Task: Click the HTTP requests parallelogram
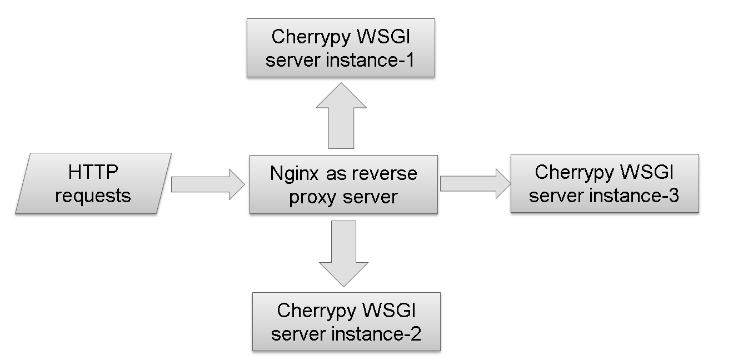coord(93,183)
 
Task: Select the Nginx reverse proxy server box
coord(343,184)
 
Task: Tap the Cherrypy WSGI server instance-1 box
coord(341,48)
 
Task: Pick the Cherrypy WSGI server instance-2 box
coord(346,322)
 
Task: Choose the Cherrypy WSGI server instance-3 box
coord(605,183)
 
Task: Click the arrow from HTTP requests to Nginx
coord(207,184)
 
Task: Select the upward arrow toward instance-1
coord(341,117)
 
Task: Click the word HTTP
coord(93,172)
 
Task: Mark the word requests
coord(93,196)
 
